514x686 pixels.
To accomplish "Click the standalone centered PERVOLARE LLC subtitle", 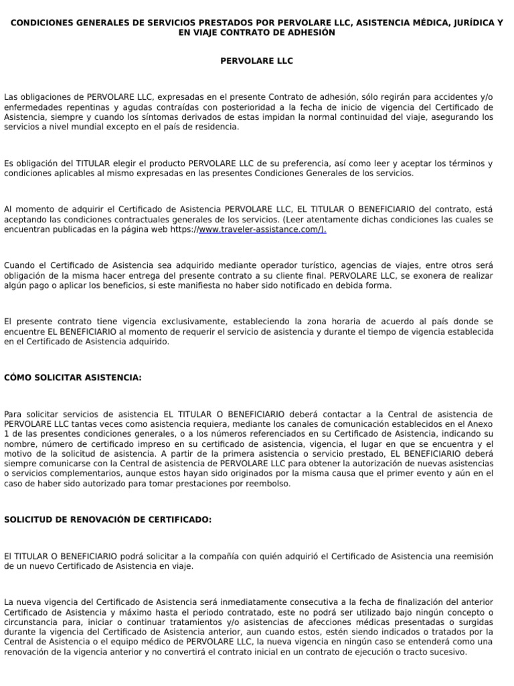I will click(x=257, y=61).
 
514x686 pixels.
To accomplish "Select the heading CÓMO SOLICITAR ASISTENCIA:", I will click(x=73, y=378).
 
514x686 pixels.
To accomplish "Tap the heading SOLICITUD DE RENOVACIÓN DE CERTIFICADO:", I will click(x=108, y=519).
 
